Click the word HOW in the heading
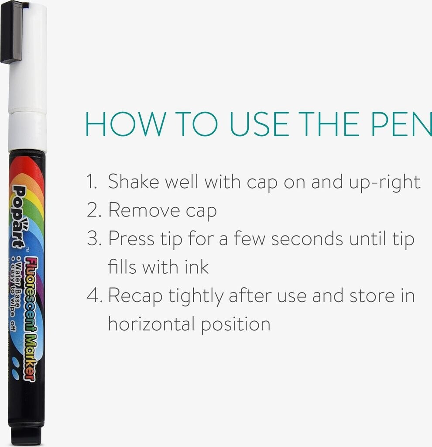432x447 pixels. pos(126,124)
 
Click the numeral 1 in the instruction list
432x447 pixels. pos(91,181)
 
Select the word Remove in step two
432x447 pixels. pos(144,210)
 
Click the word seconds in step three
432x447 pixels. pos(307,239)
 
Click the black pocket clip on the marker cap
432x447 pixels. pos(11,31)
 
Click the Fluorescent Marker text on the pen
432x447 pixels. pos(30,319)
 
